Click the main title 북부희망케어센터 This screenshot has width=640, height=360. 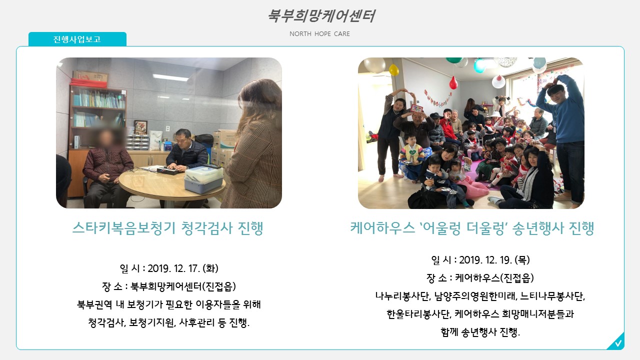(321, 15)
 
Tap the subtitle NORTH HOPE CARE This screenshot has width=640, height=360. (319, 33)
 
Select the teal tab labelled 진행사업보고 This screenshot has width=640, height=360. (77, 39)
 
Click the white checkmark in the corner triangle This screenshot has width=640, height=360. (618, 343)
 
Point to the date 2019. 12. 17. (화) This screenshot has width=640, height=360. (183, 268)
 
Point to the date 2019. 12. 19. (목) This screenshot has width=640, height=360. (494, 259)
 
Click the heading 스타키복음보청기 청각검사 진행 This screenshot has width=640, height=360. (167, 228)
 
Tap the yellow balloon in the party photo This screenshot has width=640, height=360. (393, 69)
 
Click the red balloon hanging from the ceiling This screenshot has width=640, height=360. (453, 83)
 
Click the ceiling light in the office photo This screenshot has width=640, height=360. (170, 77)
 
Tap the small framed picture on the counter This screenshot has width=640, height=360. (140, 127)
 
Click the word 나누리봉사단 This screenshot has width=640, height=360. (403, 296)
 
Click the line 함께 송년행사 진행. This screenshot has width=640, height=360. (480, 332)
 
